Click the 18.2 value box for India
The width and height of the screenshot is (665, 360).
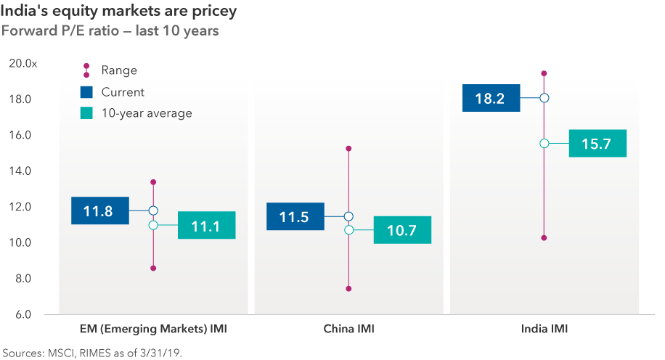click(x=491, y=98)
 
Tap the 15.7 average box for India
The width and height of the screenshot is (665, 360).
click(x=597, y=144)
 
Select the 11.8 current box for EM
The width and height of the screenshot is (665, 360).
click(x=100, y=211)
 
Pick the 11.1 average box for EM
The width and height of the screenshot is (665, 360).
click(x=206, y=226)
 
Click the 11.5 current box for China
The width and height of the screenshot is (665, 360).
click(x=295, y=216)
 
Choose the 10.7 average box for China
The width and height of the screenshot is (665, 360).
click(x=402, y=230)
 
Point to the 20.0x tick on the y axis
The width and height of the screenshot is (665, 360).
click(x=23, y=64)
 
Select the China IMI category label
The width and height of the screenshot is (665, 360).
click(x=348, y=330)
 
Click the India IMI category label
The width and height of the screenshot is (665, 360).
click(x=544, y=330)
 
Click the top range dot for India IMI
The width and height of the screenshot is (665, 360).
click(x=544, y=73)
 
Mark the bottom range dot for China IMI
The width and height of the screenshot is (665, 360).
click(x=348, y=289)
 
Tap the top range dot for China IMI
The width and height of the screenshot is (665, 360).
click(x=348, y=149)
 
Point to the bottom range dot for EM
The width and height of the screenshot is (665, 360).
click(x=153, y=269)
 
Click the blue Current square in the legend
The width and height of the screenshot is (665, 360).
click(x=86, y=92)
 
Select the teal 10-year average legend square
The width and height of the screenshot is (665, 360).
click(x=86, y=113)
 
